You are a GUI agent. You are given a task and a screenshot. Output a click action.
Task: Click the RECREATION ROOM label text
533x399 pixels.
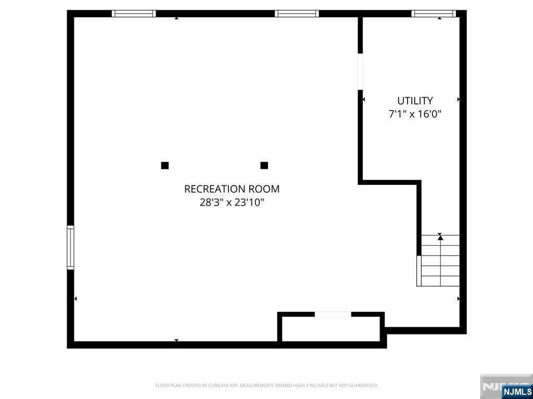[x=232, y=189]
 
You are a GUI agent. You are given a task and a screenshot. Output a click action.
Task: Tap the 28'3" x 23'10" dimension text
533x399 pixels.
[x=232, y=203]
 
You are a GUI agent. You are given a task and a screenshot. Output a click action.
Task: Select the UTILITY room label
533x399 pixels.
[x=415, y=101]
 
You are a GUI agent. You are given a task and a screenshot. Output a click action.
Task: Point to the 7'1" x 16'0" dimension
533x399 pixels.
[x=415, y=114]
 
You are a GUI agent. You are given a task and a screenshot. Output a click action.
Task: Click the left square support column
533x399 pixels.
[x=165, y=166]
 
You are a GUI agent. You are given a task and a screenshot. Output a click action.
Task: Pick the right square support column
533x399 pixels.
[x=264, y=166]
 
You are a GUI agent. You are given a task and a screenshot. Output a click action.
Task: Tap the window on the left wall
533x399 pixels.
[x=70, y=248]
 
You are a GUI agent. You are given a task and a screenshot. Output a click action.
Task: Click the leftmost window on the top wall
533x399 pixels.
[x=134, y=14]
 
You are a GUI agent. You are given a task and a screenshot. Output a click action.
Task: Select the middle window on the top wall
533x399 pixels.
[x=297, y=14]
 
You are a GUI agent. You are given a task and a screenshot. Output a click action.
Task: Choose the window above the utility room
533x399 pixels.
[x=434, y=14]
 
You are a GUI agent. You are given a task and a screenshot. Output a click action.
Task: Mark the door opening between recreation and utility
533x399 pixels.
[x=360, y=72]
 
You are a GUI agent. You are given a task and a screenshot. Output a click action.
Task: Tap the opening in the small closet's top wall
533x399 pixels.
[x=333, y=314]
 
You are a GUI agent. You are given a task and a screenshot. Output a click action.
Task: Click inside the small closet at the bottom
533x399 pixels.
[x=331, y=329]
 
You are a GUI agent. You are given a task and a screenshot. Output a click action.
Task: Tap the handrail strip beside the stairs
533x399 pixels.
[x=419, y=271]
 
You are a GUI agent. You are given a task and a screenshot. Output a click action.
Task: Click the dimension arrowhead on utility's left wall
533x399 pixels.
[x=364, y=99]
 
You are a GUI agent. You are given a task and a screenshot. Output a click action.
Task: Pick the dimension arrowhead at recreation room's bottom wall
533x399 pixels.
[x=176, y=340]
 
